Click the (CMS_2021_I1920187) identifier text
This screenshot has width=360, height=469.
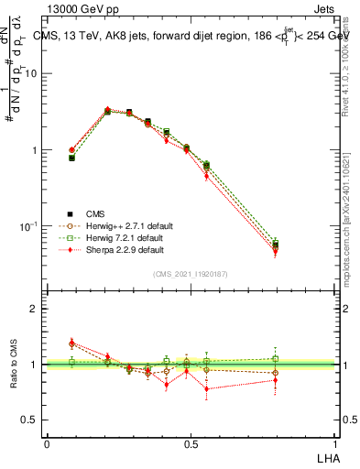point(191,272)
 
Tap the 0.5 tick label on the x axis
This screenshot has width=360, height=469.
point(191,444)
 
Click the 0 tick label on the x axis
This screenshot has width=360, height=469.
point(47,444)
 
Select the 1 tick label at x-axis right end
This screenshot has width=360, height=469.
point(334,444)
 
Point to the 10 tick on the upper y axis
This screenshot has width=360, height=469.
point(30,74)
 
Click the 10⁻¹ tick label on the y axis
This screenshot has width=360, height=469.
point(27,225)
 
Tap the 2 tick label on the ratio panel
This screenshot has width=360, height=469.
point(34,309)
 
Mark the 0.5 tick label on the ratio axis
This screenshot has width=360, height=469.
point(30,420)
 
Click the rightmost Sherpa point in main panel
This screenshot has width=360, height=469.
point(276,252)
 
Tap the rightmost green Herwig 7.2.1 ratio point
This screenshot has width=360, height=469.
point(276,358)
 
